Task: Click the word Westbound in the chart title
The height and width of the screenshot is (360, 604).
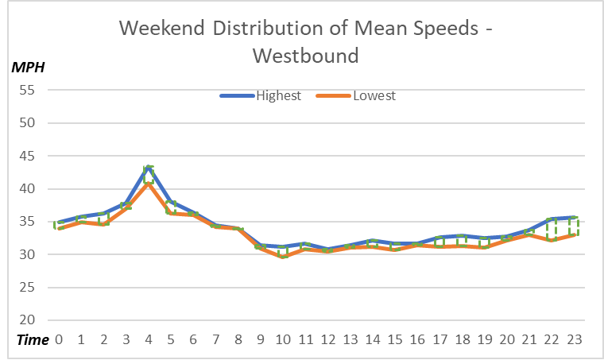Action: point(305,56)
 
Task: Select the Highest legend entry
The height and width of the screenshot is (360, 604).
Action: point(277,96)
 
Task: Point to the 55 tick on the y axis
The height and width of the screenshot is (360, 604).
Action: point(28,90)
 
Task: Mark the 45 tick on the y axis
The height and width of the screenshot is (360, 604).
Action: point(28,156)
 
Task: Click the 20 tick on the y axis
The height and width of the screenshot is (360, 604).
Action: point(28,320)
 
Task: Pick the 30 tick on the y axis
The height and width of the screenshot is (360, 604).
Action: point(28,254)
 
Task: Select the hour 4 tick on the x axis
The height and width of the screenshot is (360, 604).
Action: point(149,339)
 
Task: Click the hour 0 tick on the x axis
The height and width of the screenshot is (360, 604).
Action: point(58,339)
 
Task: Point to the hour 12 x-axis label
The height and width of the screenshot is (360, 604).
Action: point(328,339)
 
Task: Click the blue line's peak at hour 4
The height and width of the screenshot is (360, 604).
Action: point(149,167)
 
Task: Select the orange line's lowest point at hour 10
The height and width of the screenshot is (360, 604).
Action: point(283,257)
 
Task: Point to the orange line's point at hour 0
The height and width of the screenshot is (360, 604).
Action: point(58,229)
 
